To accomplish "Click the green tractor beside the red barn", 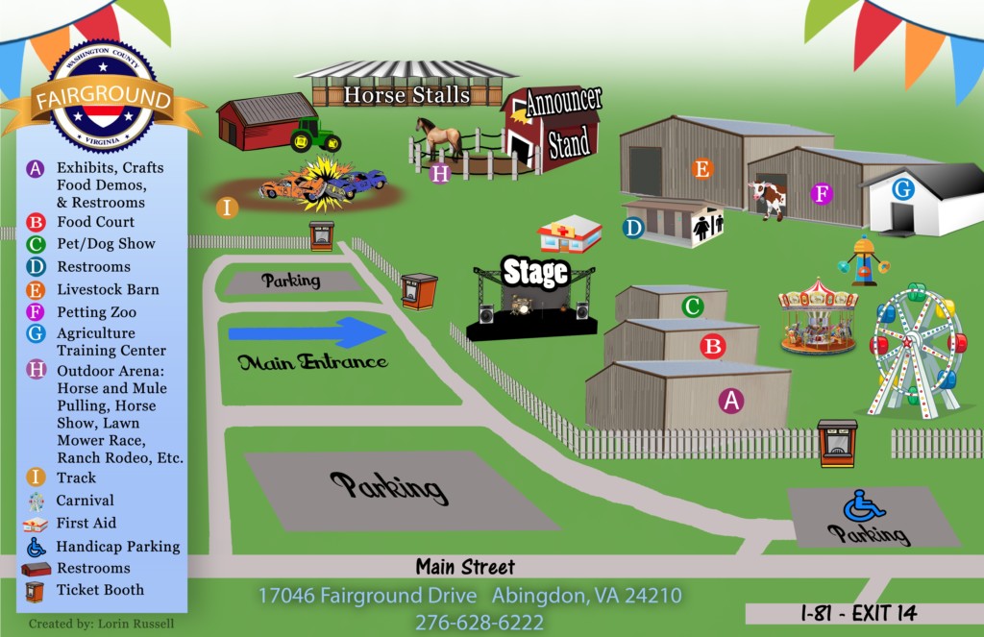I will (314, 135).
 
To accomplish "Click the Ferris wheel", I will (917, 351).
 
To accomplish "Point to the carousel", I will (817, 316).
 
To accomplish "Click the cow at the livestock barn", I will (769, 198).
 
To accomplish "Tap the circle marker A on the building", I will (730, 401).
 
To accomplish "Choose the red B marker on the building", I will (712, 346).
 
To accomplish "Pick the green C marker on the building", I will (692, 306).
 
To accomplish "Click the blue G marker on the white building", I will (902, 189).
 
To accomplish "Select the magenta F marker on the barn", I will (821, 193).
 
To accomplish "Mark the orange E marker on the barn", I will (702, 169).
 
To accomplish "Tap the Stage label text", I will (535, 273).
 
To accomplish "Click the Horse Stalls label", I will (406, 95).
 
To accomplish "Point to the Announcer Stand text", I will (564, 122).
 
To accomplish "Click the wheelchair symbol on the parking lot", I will (864, 505).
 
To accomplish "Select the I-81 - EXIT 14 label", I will (859, 613).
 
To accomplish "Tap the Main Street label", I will (465, 567).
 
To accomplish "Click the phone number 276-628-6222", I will (479, 622).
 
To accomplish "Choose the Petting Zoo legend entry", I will (96, 312).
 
